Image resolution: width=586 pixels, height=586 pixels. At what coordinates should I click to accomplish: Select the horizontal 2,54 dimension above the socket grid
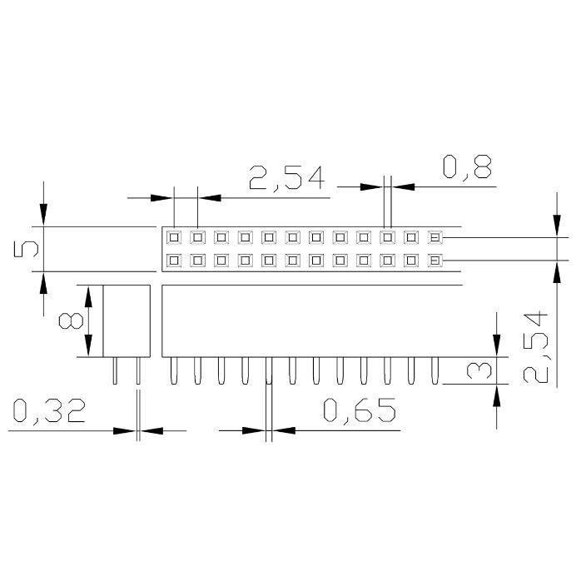click(286, 179)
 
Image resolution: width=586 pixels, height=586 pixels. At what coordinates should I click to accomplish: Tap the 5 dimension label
click(27, 249)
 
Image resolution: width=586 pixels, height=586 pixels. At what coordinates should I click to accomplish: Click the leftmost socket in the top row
click(174, 237)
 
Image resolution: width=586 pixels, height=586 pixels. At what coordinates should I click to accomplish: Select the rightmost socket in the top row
click(434, 237)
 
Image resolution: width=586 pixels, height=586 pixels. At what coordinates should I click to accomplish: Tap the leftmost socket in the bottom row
click(174, 261)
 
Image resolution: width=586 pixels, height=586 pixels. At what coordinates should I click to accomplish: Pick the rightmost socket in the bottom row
click(434, 261)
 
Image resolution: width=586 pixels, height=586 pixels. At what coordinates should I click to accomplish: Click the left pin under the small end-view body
click(115, 371)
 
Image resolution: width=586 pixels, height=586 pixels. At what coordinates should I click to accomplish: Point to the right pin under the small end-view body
click(138, 371)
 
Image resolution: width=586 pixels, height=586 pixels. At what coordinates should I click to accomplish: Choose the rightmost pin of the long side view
click(434, 371)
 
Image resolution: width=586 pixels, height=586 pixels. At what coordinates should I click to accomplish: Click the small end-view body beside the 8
click(126, 321)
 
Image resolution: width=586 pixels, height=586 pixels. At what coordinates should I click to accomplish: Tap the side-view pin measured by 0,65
click(268, 371)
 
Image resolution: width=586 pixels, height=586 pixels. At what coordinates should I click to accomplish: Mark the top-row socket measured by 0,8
click(387, 237)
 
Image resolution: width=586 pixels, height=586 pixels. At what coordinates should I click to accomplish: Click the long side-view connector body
click(311, 321)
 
